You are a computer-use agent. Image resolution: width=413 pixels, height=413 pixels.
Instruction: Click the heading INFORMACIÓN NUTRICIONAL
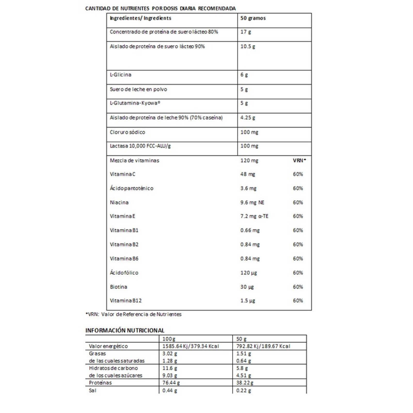coord(125,330)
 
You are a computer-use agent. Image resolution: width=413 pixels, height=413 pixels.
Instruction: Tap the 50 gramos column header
coord(253,18)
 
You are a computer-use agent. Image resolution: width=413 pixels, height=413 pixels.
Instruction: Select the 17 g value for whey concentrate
coord(245,32)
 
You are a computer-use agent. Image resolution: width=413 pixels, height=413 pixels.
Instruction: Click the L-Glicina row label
coord(121,75)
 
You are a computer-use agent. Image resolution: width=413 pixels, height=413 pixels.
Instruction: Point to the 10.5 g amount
coord(248,46)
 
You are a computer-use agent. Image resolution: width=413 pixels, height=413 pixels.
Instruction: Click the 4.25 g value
coord(248,118)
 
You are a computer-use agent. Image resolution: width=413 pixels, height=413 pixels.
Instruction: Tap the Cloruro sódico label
coord(128,132)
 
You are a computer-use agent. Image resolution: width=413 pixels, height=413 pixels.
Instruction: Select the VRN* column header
coord(299,160)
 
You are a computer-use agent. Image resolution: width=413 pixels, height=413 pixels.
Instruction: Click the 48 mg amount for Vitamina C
coord(248,174)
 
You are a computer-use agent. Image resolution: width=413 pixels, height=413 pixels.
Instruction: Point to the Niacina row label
coord(119,202)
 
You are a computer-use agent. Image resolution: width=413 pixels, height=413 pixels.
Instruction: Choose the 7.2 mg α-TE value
coord(254,216)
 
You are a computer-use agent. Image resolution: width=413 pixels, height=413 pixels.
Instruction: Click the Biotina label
coord(118,287)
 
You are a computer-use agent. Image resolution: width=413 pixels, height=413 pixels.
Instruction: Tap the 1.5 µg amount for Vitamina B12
coord(248,301)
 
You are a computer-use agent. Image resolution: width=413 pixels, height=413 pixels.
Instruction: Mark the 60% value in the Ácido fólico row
coord(298,273)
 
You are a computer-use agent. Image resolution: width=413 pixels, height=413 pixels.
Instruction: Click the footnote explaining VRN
coord(133,314)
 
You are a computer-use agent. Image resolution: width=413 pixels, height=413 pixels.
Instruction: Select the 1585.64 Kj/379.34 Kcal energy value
coord(190,346)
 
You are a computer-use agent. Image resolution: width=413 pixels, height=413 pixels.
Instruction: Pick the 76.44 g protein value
coord(171,383)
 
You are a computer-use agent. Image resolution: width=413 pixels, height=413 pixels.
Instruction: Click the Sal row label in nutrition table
coord(92,391)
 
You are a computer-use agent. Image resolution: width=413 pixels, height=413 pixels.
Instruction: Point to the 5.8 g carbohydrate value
coord(242,368)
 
